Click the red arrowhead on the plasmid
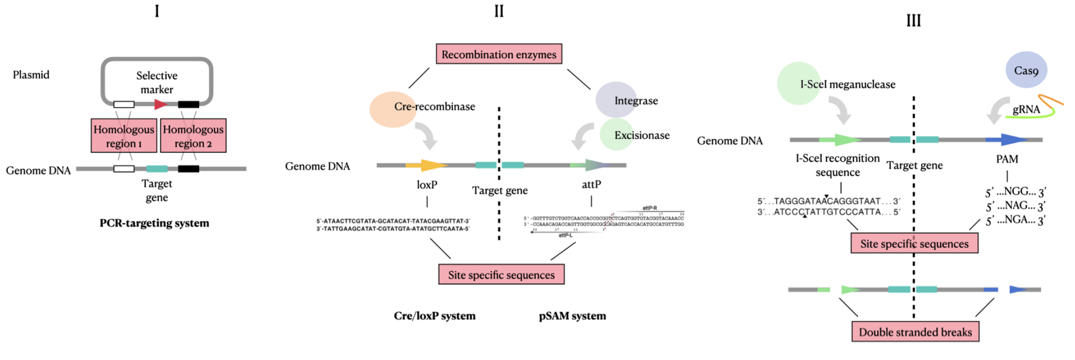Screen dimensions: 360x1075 pos(160,105)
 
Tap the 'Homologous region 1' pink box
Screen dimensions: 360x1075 pos(124,136)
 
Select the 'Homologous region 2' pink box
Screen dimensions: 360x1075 pos(193,136)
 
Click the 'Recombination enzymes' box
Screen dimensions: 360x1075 pos(499,54)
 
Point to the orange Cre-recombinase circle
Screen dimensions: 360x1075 pos(392,109)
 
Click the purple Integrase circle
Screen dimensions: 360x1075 pos(616,100)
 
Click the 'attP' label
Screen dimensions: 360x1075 pos(591,185)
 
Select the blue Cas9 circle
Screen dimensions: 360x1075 pos(1026,70)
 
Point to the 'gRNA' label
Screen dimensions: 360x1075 pos(1026,109)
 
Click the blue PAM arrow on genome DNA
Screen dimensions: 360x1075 pos(1006,140)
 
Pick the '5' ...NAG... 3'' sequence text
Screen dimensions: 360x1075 pos(1015,206)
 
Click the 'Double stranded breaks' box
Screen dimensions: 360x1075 pos(915,332)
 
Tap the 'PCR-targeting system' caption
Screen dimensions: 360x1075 pos(154,223)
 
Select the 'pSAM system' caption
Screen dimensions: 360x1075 pos(572,316)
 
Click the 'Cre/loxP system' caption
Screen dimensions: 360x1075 pos(434,316)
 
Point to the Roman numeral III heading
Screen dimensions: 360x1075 pos(913,21)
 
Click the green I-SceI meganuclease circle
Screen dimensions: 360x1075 pos(799,83)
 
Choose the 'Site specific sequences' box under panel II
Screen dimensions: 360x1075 pos(501,275)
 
